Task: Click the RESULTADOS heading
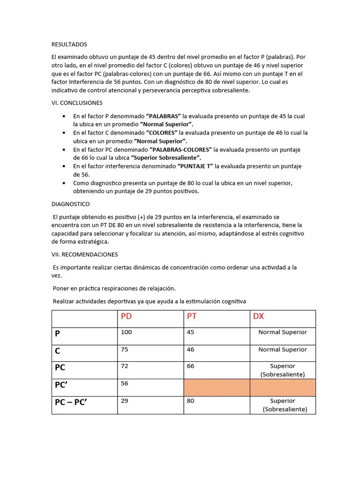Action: [69, 45]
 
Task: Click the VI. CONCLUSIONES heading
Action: [77, 103]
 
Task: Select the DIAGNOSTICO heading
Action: [70, 204]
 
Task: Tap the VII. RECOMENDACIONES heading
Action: [84, 255]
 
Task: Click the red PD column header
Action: [127, 316]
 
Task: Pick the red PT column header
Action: [192, 316]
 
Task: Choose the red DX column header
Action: [258, 316]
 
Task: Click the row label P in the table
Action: [58, 334]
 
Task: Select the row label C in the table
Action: [58, 351]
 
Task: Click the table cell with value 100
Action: [127, 332]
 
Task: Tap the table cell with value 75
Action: [125, 350]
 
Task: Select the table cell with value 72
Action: [125, 366]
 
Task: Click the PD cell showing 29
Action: [125, 401]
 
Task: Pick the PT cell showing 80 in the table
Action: [191, 401]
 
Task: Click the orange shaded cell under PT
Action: [217, 388]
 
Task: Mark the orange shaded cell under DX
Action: [283, 388]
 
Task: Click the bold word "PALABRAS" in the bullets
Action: [164, 116]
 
